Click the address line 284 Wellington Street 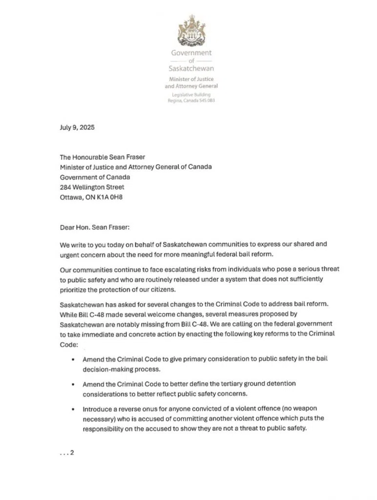click(92, 187)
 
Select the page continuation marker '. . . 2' click(66, 453)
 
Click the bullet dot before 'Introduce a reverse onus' click(72, 407)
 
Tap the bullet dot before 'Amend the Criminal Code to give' click(72, 359)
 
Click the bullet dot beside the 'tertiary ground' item click(72, 383)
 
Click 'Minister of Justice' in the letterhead click(191, 79)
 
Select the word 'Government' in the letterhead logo click(191, 53)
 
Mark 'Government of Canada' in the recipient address click(93, 177)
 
